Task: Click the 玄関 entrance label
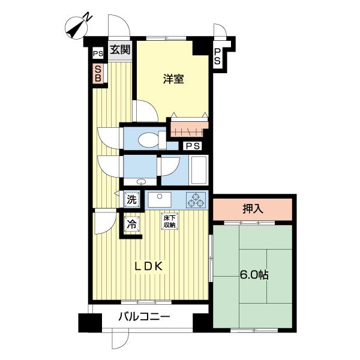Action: tap(120, 50)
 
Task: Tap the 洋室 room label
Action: tap(173, 79)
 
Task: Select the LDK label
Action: tap(149, 266)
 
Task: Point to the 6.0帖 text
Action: tap(254, 274)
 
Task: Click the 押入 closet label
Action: tap(253, 209)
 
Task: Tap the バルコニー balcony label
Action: tap(144, 317)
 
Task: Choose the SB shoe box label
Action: tap(98, 73)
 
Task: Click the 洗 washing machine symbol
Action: tap(132, 200)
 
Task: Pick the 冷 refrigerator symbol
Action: tap(132, 224)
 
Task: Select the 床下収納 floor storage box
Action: tap(170, 221)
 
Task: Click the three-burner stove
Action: tap(196, 200)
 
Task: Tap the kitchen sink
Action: tap(160, 200)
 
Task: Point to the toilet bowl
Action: tap(149, 140)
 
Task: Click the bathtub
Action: tap(199, 170)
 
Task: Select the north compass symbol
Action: tap(76, 29)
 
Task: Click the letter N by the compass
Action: tap(88, 17)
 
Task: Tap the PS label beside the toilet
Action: tap(193, 146)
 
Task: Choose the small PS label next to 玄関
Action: tap(98, 54)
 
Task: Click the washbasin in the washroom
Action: tap(141, 182)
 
